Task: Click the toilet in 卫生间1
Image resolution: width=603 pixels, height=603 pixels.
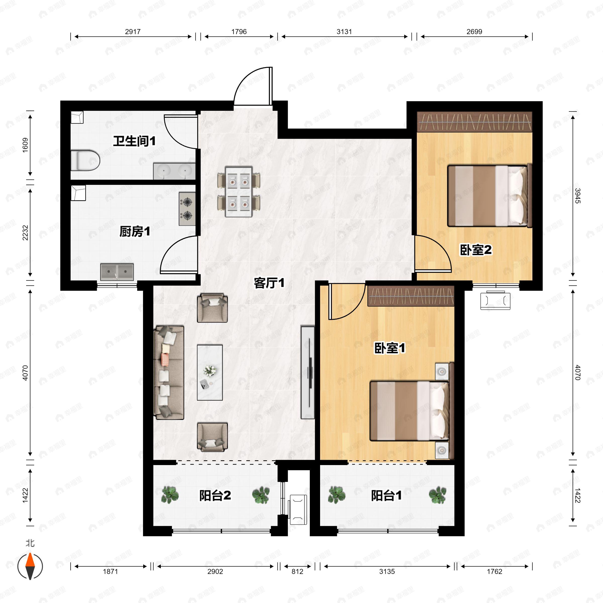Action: tap(85, 161)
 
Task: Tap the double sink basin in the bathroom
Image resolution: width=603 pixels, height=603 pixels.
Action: tap(174, 171)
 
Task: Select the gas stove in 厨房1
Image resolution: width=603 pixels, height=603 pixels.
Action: tap(187, 209)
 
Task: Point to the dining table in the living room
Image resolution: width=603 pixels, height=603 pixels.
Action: tap(239, 192)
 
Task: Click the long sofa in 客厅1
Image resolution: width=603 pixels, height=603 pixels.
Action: tap(169, 372)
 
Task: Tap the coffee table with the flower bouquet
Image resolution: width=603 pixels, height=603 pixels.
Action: tap(210, 372)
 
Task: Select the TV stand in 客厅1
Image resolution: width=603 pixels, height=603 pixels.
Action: tap(308, 372)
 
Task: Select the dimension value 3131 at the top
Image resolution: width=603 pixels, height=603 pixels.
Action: tap(344, 32)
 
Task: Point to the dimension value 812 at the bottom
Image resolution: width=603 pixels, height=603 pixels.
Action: tap(297, 572)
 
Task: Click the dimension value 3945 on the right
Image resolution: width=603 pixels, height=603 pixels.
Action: tap(577, 196)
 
